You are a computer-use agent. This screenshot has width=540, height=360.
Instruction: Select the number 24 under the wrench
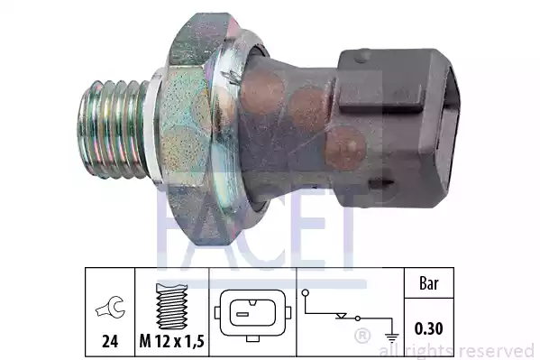tap(107, 343)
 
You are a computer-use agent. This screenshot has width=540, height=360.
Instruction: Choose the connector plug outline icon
tap(253, 315)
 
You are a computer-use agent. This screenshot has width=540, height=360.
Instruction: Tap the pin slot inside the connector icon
tap(253, 316)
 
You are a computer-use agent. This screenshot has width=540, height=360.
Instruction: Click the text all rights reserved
tap(457, 350)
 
